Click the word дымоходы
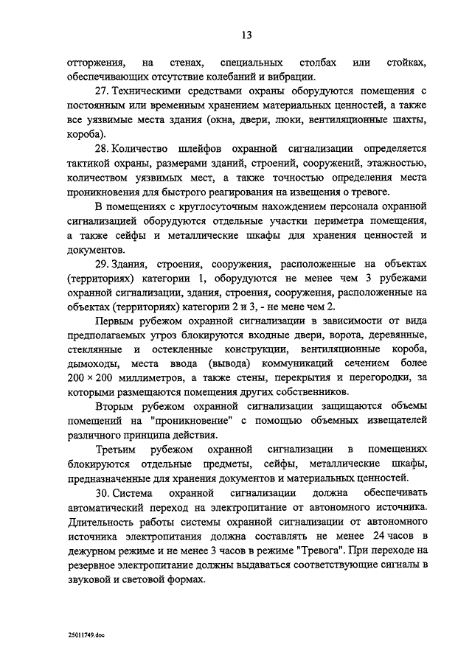point(89,363)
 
